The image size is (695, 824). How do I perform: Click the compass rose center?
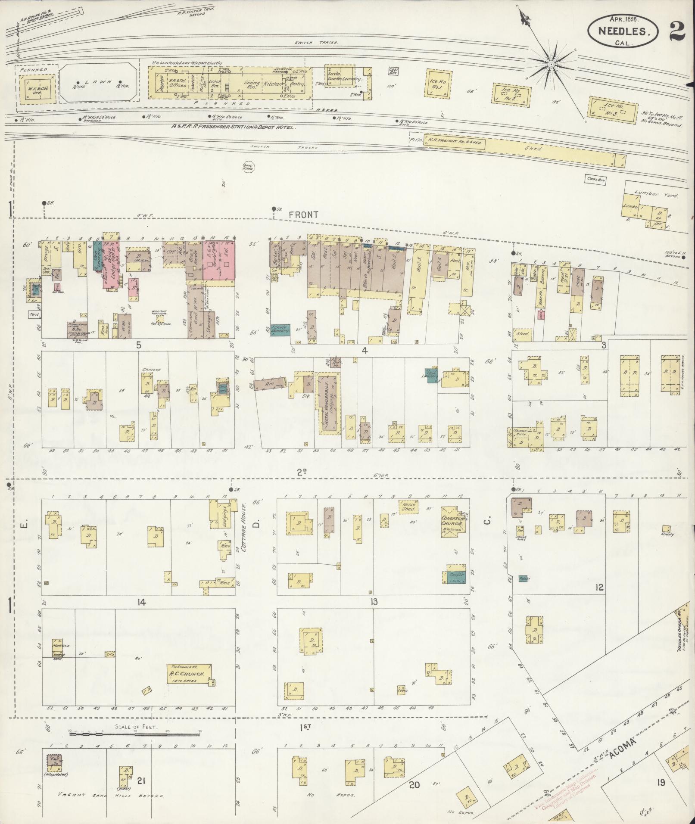[551, 64]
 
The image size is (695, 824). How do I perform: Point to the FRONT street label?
[303, 215]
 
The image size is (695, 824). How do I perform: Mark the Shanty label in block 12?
[667, 534]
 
